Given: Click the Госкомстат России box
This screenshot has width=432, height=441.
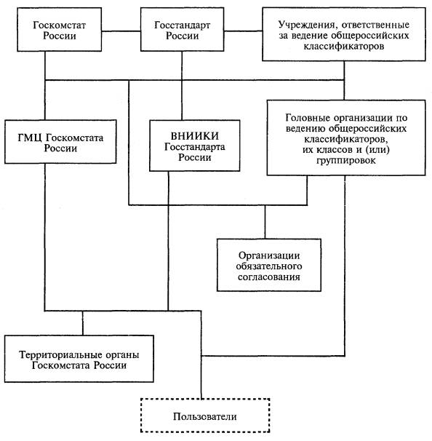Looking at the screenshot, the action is [x=60, y=30].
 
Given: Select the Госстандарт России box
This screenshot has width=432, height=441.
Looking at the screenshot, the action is [x=182, y=30].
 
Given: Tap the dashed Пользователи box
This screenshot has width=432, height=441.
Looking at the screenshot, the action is [x=205, y=415].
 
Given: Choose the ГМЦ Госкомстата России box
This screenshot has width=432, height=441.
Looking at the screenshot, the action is [x=60, y=142].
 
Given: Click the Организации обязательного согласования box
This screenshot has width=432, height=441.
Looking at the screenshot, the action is [x=269, y=265].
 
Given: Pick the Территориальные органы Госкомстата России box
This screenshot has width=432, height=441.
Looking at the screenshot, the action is [x=79, y=359].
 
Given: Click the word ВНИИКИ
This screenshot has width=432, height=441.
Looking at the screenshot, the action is [x=194, y=136].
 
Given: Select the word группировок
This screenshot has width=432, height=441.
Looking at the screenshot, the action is [x=346, y=161].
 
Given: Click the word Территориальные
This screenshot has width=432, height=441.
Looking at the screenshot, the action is [x=60, y=354].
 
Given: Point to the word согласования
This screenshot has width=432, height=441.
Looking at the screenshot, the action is [x=269, y=277].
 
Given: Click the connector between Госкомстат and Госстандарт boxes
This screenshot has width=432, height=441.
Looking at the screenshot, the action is [x=121, y=31].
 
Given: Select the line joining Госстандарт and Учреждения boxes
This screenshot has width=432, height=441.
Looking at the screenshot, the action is [x=243, y=31].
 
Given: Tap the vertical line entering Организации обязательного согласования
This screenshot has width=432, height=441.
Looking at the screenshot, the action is [x=265, y=222].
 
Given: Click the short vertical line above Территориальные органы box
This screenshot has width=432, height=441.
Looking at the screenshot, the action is [x=83, y=323].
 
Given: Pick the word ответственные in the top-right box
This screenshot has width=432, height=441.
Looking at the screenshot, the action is [x=375, y=25].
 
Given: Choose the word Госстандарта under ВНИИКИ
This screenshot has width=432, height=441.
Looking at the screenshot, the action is [x=194, y=147].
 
